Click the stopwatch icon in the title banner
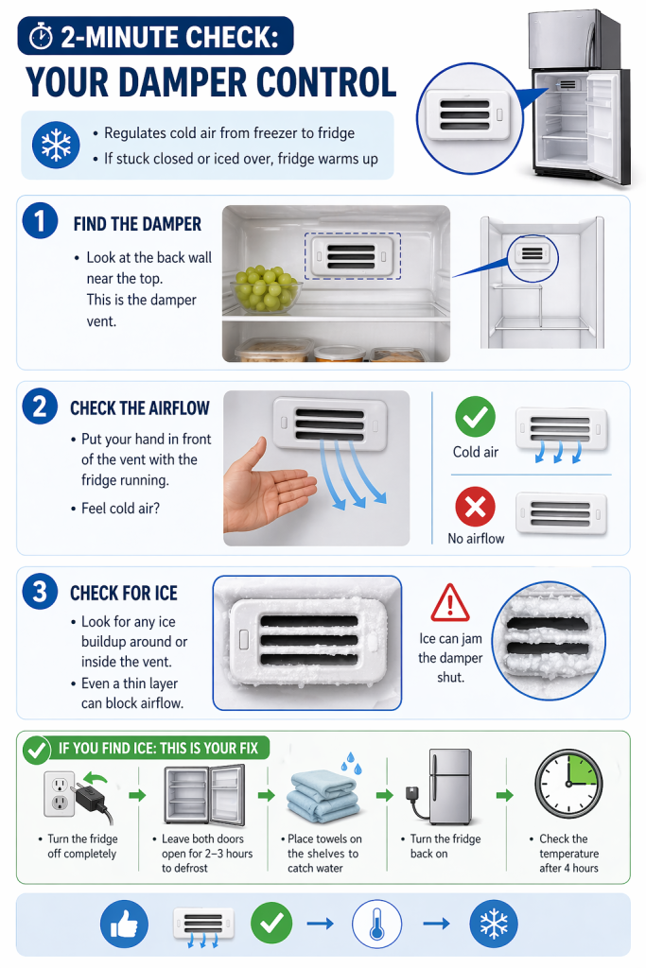click(x=41, y=37)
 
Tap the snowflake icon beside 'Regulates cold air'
click(x=56, y=145)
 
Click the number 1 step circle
click(x=40, y=221)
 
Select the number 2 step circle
click(x=40, y=406)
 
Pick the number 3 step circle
click(x=40, y=592)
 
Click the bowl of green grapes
click(x=266, y=289)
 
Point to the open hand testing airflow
click(x=267, y=486)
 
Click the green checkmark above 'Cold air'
click(x=475, y=417)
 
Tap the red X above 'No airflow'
click(x=475, y=507)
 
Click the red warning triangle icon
click(x=449, y=603)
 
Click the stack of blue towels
click(x=323, y=796)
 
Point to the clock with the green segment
click(x=568, y=784)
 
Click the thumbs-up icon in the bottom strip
click(x=124, y=924)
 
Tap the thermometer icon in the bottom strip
click(x=376, y=925)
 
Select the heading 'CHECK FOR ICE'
click(x=124, y=594)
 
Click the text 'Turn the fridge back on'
click(x=445, y=846)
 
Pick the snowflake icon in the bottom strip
click(x=494, y=925)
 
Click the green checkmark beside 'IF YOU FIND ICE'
click(x=37, y=750)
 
